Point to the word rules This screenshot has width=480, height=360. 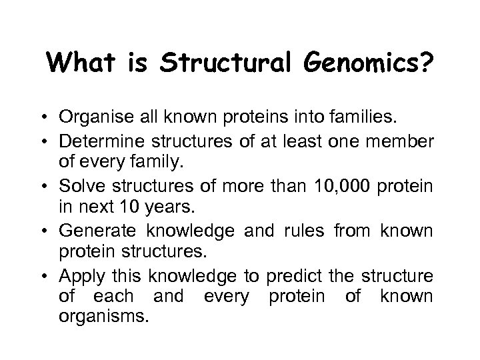[309, 231]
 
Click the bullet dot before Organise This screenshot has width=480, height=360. [49, 119]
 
